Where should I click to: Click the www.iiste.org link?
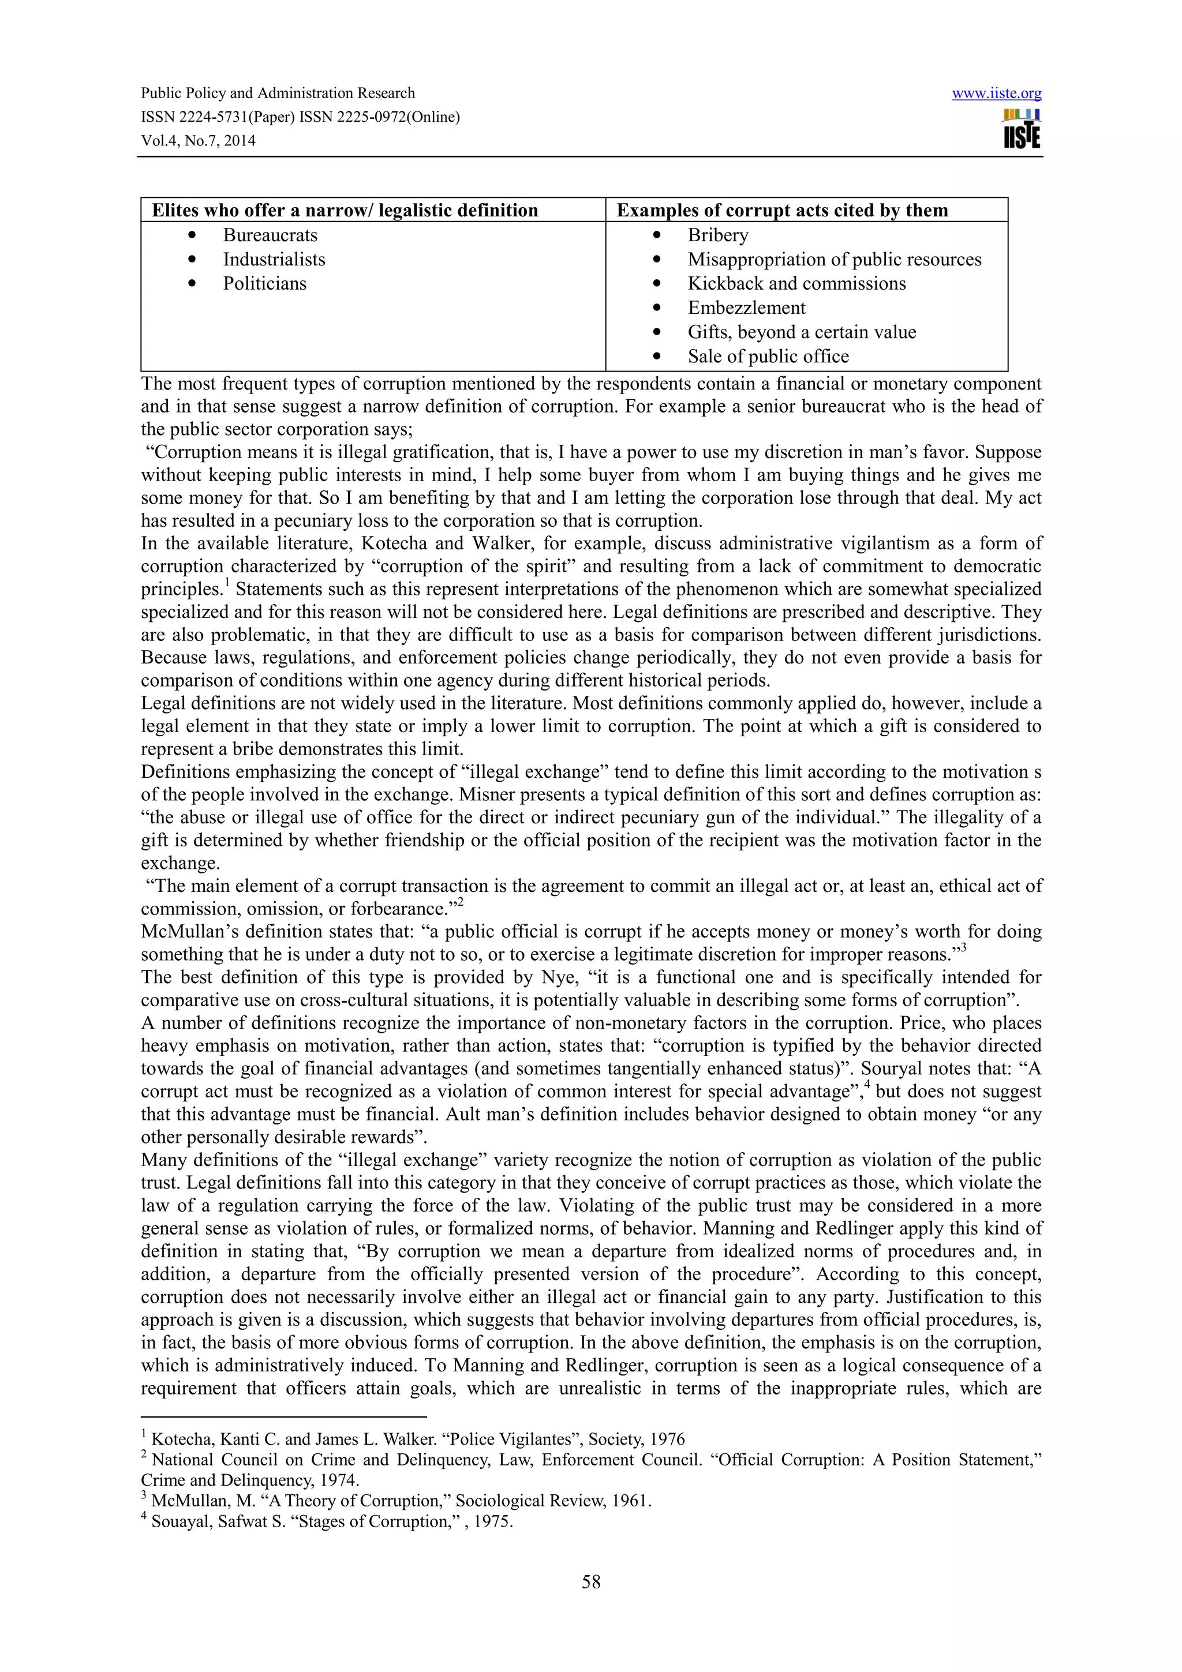[x=996, y=93]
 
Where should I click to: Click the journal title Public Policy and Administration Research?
[x=278, y=93]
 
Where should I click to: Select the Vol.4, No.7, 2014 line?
[x=198, y=141]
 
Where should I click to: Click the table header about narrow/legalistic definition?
[x=345, y=211]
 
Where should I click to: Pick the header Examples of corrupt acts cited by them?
[x=782, y=211]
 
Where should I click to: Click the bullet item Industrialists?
[x=274, y=259]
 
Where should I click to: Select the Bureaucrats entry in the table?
[x=270, y=235]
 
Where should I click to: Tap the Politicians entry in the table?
[x=264, y=283]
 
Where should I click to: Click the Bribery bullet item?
[x=717, y=235]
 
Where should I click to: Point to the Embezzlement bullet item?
[x=746, y=308]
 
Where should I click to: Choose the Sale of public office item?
[x=768, y=356]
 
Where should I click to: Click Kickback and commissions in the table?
[x=796, y=283]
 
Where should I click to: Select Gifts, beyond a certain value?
[x=801, y=332]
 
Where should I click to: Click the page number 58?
[x=590, y=1581]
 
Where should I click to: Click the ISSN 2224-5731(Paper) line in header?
[x=300, y=117]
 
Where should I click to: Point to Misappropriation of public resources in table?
[x=834, y=259]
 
